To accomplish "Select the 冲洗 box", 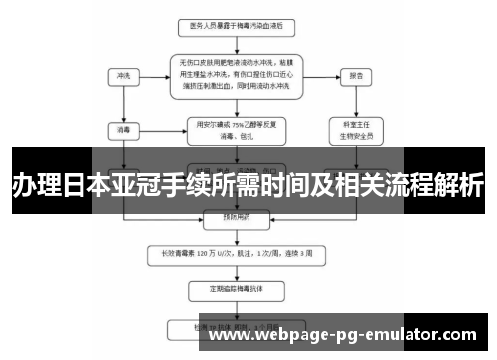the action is point(123,75).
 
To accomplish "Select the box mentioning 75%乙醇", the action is point(230,129).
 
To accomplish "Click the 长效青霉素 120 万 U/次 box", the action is point(230,253).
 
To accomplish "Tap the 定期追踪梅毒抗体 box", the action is point(230,291).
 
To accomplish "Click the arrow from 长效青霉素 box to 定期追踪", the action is point(230,271).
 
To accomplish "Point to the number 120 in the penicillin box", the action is point(205,253).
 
